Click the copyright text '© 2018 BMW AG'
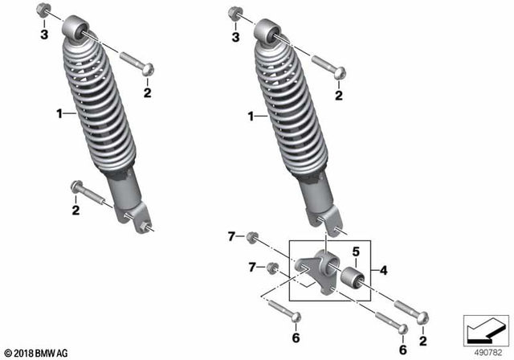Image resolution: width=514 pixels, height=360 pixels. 37,353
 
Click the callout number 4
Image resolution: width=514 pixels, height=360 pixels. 384,271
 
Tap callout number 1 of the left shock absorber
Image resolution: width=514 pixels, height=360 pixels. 59,116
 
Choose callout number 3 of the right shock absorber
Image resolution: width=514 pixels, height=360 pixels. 235,37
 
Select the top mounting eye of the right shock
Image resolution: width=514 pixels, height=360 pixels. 271,33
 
